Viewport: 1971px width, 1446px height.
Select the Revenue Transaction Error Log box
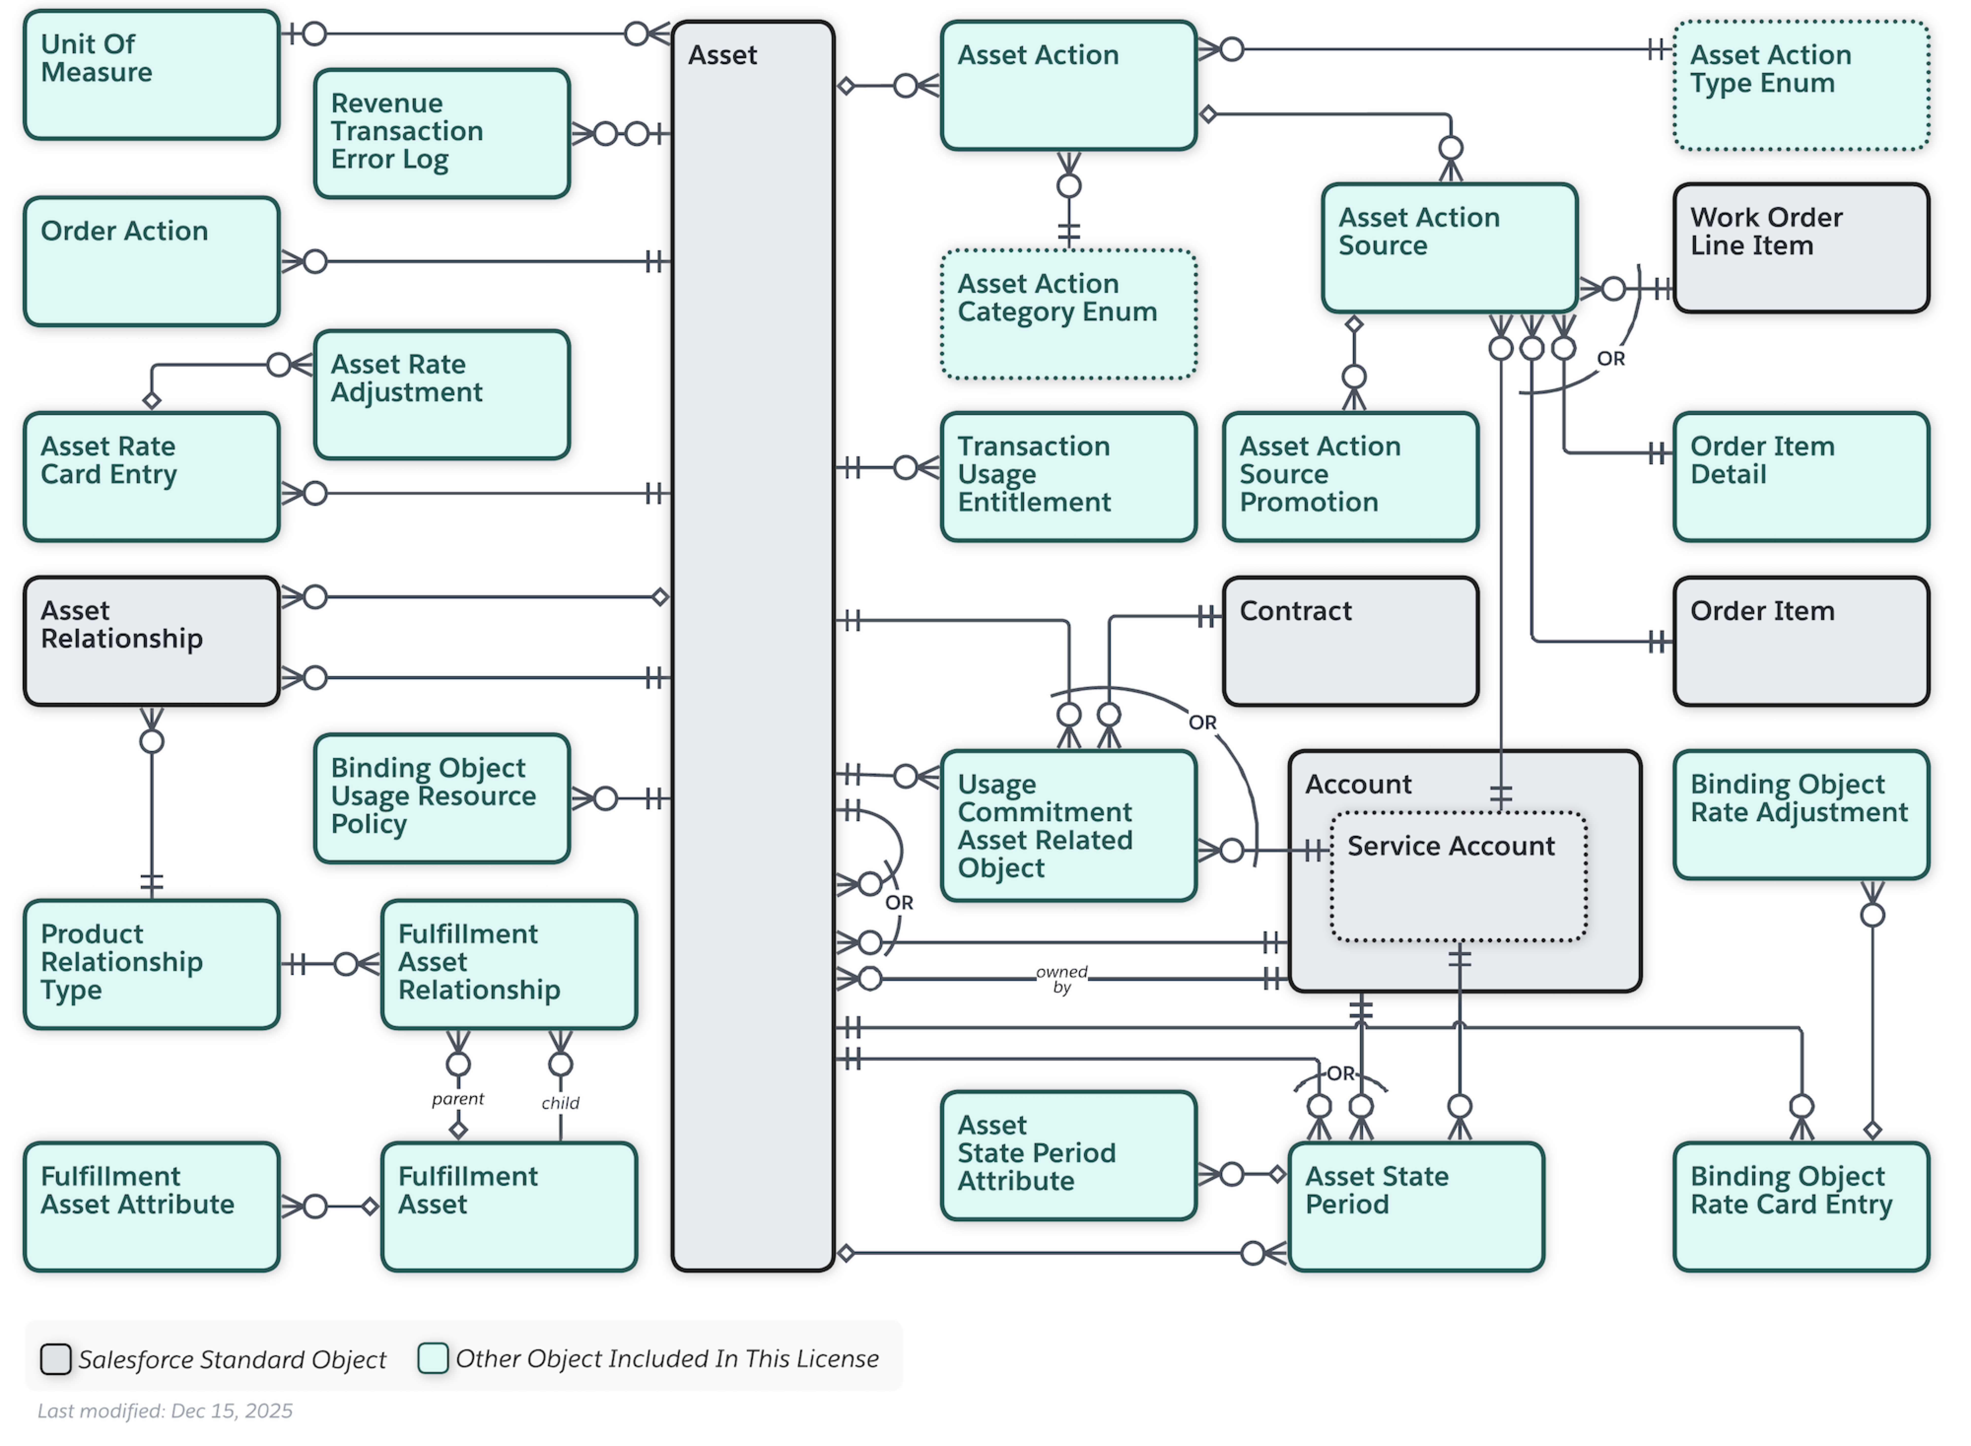(x=442, y=134)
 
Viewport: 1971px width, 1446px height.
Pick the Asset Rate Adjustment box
(x=442, y=395)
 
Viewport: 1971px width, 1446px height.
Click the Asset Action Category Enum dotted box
(x=1069, y=314)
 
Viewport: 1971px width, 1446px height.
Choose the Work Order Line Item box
(x=1801, y=248)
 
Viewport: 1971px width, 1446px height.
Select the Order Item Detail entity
(x=1801, y=477)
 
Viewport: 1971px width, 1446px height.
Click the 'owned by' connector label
(x=1062, y=980)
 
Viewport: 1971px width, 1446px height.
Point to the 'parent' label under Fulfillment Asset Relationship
(x=458, y=1099)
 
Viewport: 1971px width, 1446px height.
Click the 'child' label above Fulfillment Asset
(x=560, y=1103)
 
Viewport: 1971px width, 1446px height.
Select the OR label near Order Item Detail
(x=1610, y=359)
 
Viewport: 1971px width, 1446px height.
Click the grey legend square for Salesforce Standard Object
(x=56, y=1359)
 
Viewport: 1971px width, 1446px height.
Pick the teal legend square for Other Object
(x=433, y=1358)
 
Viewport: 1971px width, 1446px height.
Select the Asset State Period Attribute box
(x=1069, y=1155)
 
